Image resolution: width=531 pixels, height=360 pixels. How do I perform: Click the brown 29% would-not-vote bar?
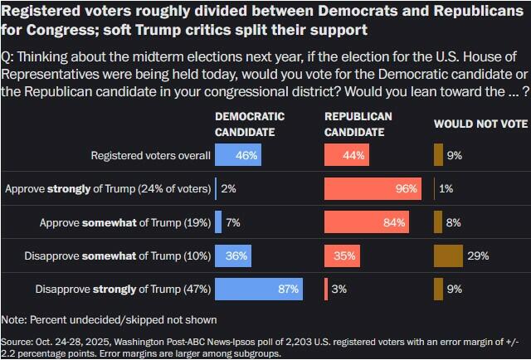click(448, 255)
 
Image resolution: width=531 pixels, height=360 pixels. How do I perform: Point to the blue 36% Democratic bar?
click(233, 255)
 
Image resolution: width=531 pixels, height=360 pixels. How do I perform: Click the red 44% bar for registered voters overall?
click(347, 155)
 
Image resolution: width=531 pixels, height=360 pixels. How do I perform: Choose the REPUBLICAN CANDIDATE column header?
click(358, 124)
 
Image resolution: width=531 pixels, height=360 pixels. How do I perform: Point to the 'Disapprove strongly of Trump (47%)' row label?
click(122, 289)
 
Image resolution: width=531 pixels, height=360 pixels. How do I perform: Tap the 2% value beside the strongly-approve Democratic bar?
click(229, 188)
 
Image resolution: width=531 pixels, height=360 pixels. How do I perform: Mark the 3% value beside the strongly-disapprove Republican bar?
click(339, 289)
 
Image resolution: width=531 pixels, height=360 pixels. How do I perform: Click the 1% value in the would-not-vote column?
click(446, 188)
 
